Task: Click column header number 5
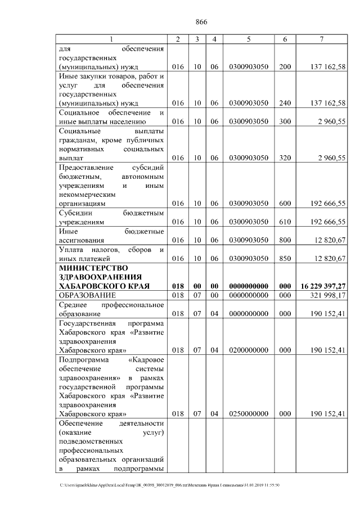pyautogui.click(x=248, y=39)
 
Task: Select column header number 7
pyautogui.click(x=321, y=39)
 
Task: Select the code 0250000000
pyautogui.click(x=248, y=414)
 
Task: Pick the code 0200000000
pyautogui.click(x=248, y=350)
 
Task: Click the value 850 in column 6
pyautogui.click(x=285, y=258)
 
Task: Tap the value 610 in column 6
pyautogui.click(x=285, y=222)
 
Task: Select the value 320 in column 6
pyautogui.click(x=285, y=158)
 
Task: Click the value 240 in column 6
pyautogui.click(x=285, y=103)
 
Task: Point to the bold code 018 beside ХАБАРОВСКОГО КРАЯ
pyautogui.click(x=178, y=286)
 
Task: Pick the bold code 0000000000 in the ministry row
pyautogui.click(x=248, y=286)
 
